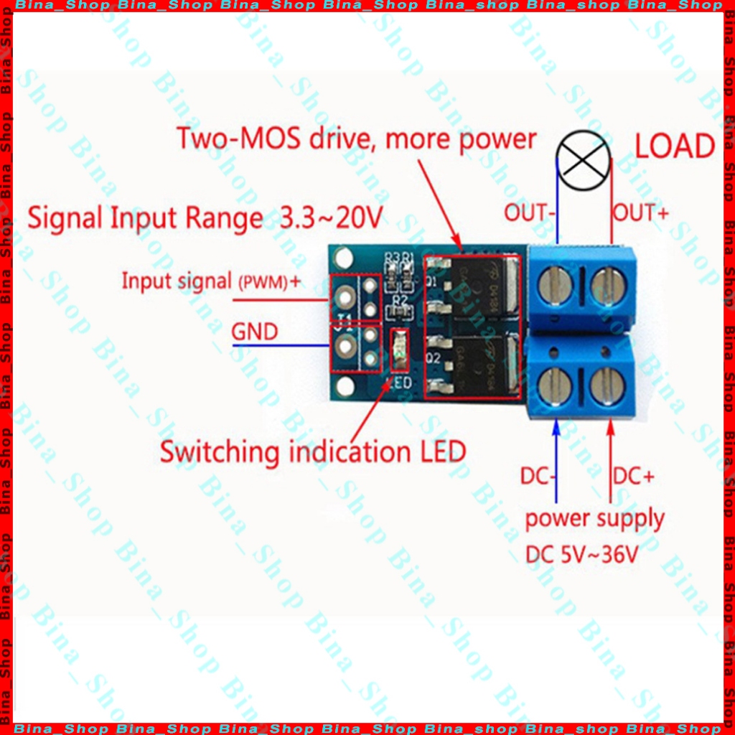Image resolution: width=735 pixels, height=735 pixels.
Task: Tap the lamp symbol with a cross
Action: (x=584, y=163)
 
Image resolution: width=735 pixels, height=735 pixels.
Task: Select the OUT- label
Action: (x=530, y=212)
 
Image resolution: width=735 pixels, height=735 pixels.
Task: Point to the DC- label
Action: (x=540, y=476)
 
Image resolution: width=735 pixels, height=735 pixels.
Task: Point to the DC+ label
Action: (x=633, y=476)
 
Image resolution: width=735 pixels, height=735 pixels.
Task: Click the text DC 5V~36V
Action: (x=582, y=555)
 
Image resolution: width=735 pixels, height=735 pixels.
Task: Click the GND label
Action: (x=254, y=332)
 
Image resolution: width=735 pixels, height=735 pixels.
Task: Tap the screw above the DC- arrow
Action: (x=556, y=385)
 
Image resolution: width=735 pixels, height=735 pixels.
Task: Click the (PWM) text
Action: (x=262, y=283)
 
